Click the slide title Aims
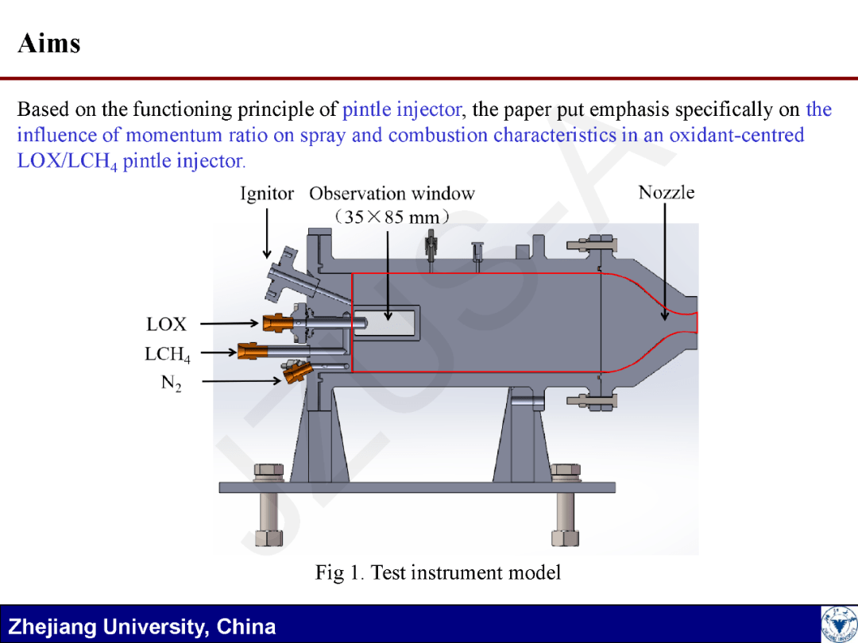coord(49,43)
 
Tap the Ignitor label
coord(267,194)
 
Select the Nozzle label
coord(667,192)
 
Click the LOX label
coord(166,324)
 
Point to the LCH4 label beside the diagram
coord(167,354)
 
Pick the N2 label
coord(171,383)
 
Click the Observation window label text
coord(392,194)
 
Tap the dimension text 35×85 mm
coord(392,216)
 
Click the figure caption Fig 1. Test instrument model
coord(438,572)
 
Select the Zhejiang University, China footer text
coord(142,626)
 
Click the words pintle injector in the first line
coord(401,110)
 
